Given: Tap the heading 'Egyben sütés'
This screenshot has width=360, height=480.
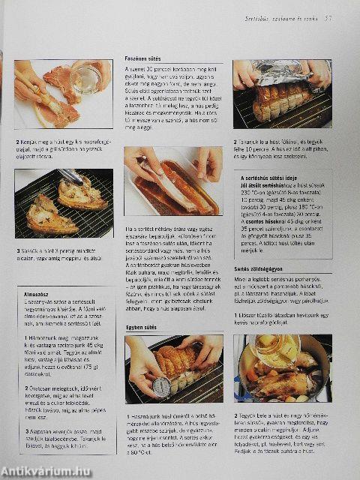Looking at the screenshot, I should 140,328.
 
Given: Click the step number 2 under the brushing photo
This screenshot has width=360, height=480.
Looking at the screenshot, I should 17,141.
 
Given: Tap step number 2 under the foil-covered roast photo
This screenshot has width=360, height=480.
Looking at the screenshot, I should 235,141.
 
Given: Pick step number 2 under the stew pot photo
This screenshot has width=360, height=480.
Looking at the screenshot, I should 235,414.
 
